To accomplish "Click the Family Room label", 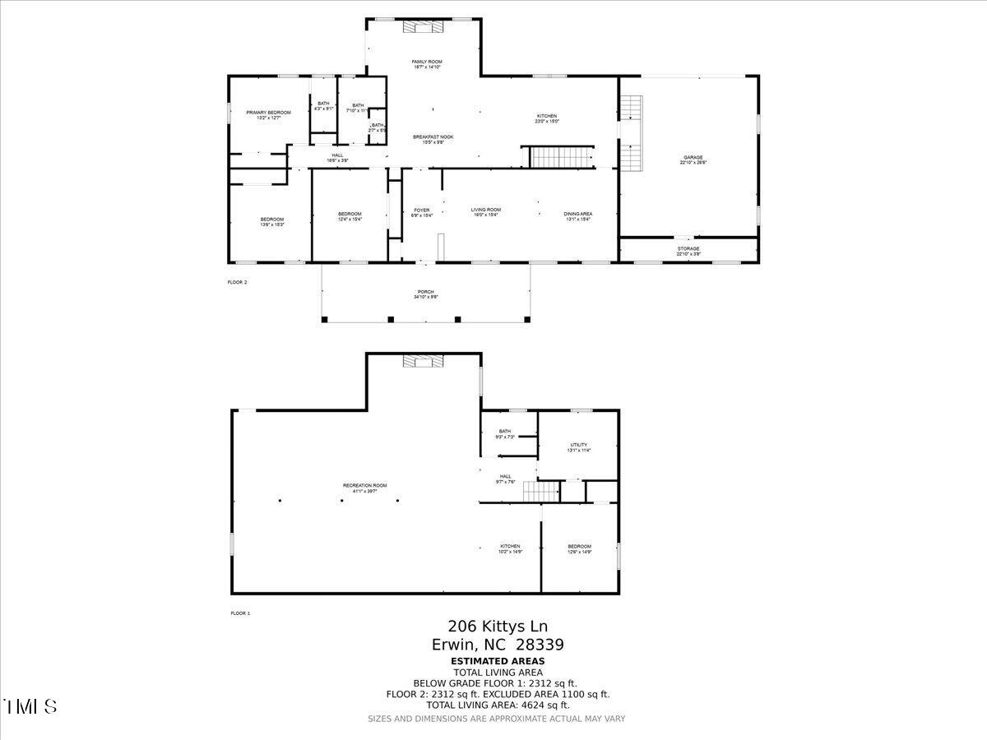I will [x=427, y=64].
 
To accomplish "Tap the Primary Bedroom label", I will [x=268, y=115].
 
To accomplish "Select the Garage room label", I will [x=693, y=160].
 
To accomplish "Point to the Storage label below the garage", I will [x=688, y=251].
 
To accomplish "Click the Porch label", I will [x=425, y=294].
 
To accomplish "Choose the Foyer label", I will [x=422, y=213].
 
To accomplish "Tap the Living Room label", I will [x=486, y=212].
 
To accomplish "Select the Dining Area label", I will [x=578, y=216].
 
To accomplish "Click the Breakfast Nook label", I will [x=433, y=139].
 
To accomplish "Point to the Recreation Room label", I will [x=364, y=488].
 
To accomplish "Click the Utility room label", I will [x=579, y=447].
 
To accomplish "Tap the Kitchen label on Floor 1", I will [x=510, y=548].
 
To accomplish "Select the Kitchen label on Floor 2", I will [x=548, y=118].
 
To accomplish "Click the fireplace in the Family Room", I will [x=423, y=27].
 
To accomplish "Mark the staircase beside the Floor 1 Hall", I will [x=541, y=492].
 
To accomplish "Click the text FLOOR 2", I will [x=237, y=282].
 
